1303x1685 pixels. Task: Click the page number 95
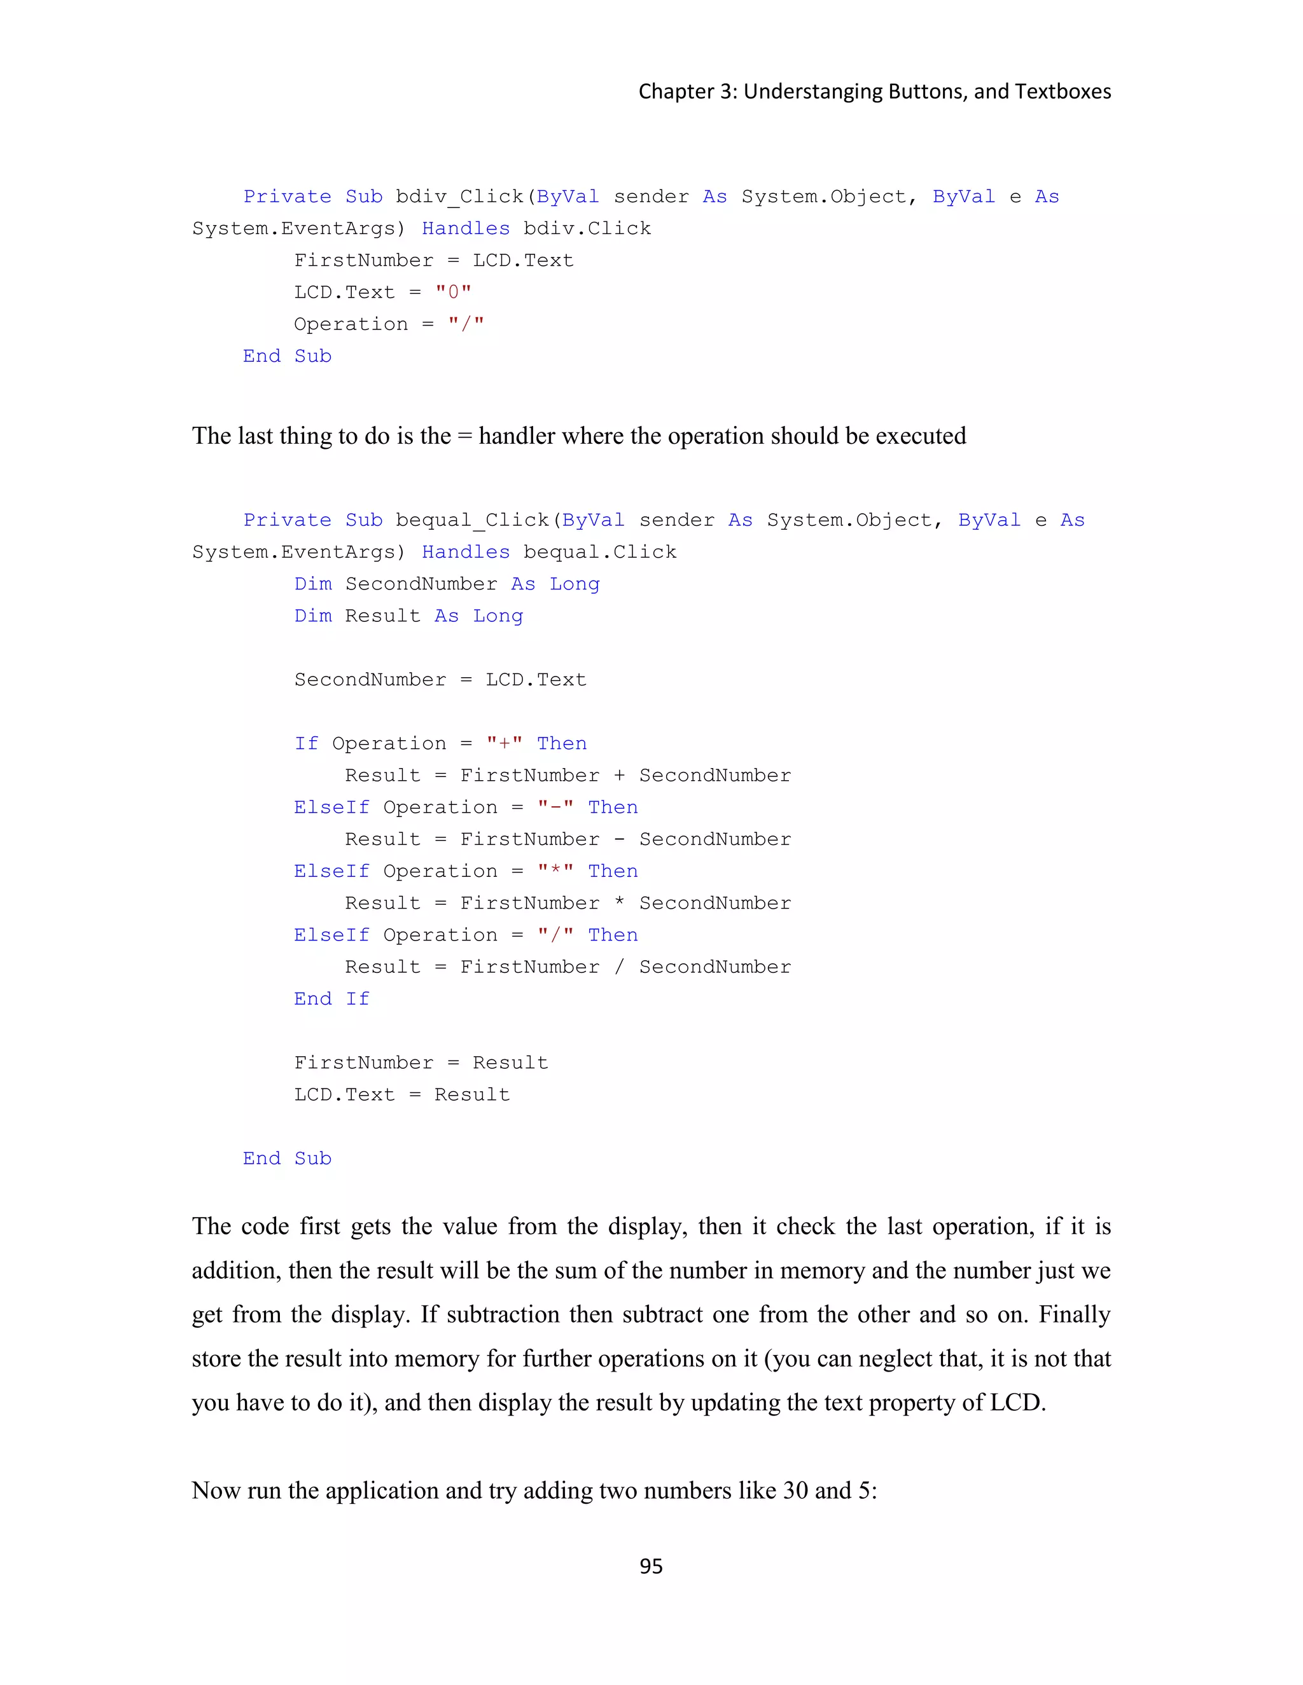coord(651,1565)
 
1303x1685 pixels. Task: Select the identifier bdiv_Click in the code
coord(460,196)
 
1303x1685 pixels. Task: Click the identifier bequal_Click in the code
coord(473,520)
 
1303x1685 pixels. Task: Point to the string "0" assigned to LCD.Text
coord(453,292)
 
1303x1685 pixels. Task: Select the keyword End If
coord(332,998)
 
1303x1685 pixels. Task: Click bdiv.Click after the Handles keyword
coord(587,228)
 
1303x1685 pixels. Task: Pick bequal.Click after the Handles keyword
coord(600,552)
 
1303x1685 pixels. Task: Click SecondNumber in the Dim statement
coord(421,584)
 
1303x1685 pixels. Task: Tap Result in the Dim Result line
coord(383,616)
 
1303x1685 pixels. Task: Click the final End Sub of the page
coord(287,1158)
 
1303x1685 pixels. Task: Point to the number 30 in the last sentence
coord(795,1490)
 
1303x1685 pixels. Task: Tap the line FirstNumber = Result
coord(421,1063)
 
